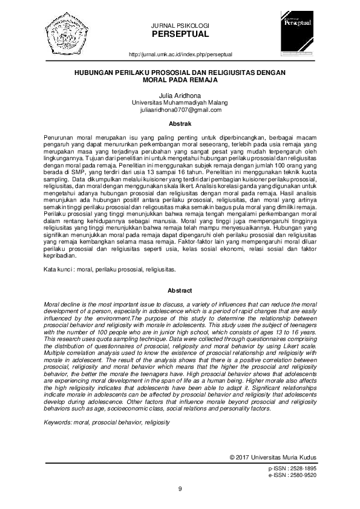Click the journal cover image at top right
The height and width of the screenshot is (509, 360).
298,35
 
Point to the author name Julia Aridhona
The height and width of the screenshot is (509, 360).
180,96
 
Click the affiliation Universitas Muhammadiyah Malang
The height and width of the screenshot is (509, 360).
180,103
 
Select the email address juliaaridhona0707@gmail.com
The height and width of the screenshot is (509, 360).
180,110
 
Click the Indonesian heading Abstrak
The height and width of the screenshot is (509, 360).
180,124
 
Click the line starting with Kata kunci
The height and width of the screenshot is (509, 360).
101,267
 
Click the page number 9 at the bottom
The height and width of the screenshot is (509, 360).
180,488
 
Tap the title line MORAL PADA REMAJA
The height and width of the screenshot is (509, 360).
180,79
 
